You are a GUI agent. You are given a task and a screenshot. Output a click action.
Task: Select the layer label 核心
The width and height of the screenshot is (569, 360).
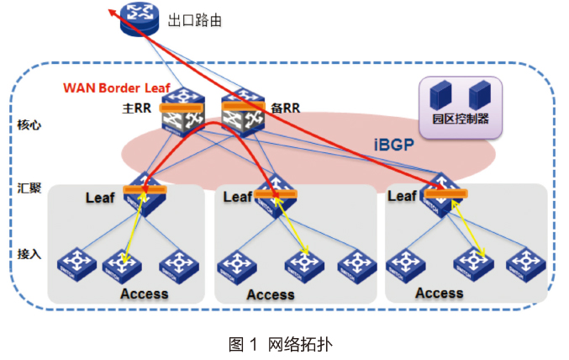point(29,124)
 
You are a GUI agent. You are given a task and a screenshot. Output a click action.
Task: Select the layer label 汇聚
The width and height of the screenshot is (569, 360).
point(29,188)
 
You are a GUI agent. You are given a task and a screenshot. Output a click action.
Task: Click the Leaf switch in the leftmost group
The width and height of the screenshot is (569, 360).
point(145,195)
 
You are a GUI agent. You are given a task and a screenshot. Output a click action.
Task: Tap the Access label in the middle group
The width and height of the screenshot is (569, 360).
point(271,294)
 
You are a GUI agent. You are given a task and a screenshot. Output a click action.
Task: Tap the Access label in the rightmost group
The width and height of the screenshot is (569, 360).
point(439,294)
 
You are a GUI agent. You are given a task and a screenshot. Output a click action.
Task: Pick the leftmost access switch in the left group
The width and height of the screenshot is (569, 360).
point(78,264)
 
